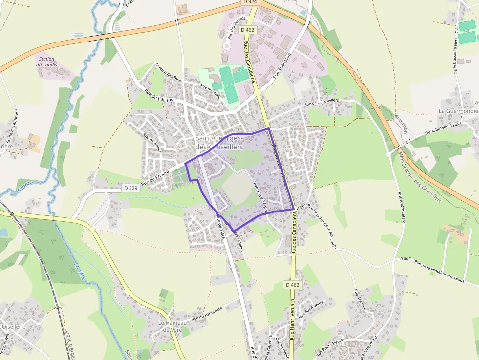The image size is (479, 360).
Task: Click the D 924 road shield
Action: pyautogui.click(x=249, y=2)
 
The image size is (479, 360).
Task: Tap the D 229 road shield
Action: pyautogui.click(x=130, y=188)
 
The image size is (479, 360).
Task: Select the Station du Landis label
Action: pyautogui.click(x=47, y=62)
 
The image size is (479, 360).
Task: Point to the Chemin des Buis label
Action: pyautogui.click(x=168, y=71)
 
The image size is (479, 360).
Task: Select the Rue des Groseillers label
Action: pyautogui.click(x=321, y=102)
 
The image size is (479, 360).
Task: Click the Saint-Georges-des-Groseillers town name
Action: pyautogui.click(x=219, y=142)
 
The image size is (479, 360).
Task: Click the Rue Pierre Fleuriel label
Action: pyautogui.click(x=331, y=347)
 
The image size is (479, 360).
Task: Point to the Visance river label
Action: pyautogui.click(x=24, y=187)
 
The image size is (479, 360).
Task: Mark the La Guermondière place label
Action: pyautogui.click(x=458, y=111)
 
